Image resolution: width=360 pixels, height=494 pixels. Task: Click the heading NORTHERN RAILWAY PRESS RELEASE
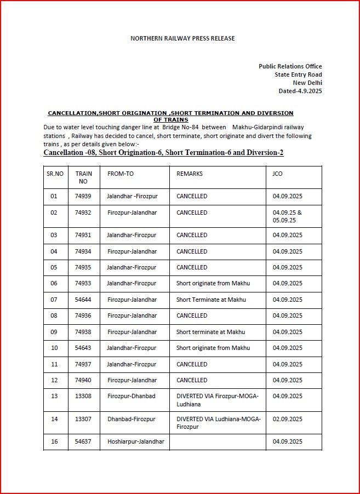click(x=182, y=38)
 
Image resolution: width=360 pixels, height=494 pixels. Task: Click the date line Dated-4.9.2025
click(x=300, y=91)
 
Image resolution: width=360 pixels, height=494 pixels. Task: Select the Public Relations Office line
click(x=290, y=66)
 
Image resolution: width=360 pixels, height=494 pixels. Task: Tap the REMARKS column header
click(x=190, y=174)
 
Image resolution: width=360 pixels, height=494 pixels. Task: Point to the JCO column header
click(x=278, y=174)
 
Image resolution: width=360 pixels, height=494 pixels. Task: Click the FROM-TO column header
click(x=121, y=174)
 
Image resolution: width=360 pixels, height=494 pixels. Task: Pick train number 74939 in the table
click(x=83, y=196)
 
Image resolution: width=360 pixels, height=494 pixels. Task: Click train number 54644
click(x=83, y=300)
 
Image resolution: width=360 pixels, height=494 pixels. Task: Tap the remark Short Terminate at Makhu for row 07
click(x=211, y=300)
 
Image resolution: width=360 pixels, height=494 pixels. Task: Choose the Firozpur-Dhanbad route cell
click(x=131, y=396)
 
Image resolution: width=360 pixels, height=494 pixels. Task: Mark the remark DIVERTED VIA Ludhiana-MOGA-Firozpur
click(x=218, y=423)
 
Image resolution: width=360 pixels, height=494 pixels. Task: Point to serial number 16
click(x=54, y=441)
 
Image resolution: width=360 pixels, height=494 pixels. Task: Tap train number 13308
click(x=83, y=396)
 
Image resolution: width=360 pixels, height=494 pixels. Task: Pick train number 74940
click(x=83, y=380)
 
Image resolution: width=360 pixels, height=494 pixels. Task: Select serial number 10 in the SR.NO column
click(x=54, y=348)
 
